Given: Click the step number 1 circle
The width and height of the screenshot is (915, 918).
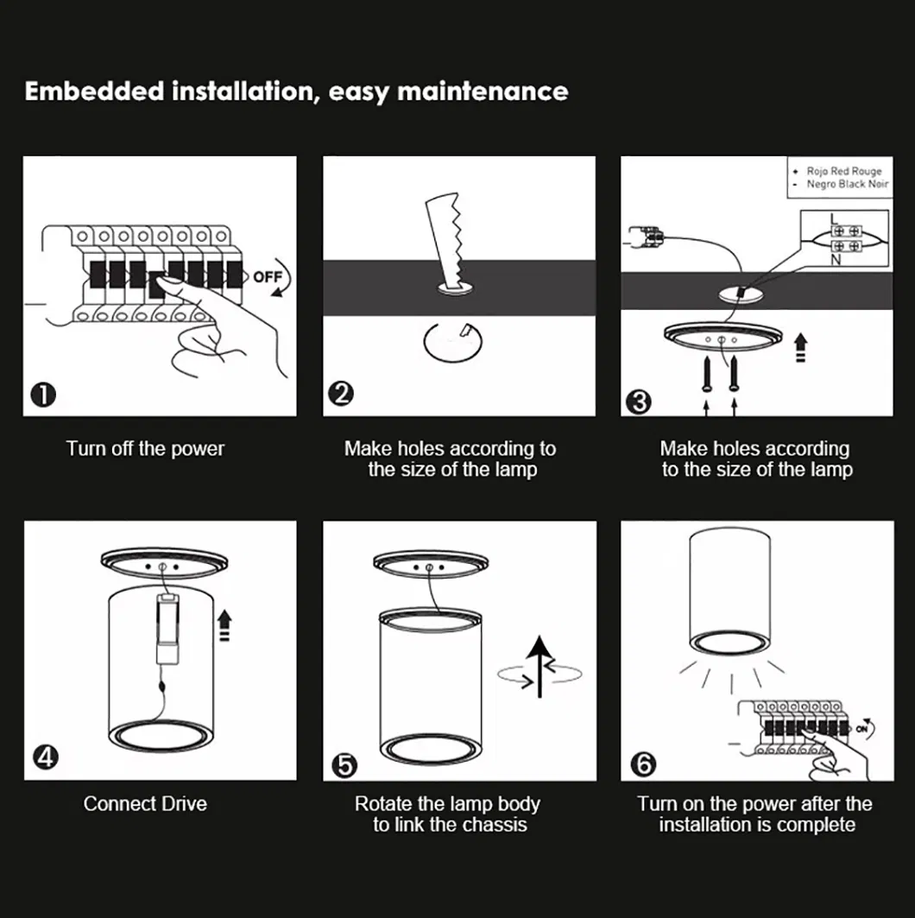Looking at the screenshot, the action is pyautogui.click(x=43, y=396).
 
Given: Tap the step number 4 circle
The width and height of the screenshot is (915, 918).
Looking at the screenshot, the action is pyautogui.click(x=46, y=757).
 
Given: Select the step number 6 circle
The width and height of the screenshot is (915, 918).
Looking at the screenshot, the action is pyautogui.click(x=644, y=764).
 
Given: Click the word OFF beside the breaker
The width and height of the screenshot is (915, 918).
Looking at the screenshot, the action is pyautogui.click(x=268, y=276).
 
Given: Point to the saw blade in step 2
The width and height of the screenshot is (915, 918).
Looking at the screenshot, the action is pyautogui.click(x=447, y=242).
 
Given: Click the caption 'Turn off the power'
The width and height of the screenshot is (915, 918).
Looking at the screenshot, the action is pyautogui.click(x=145, y=448).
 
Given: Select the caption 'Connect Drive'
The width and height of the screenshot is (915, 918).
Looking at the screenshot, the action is pyautogui.click(x=145, y=804).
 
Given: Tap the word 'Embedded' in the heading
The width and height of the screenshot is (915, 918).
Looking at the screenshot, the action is pyautogui.click(x=94, y=92).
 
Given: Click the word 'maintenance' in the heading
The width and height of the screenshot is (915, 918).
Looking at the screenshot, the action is pyautogui.click(x=483, y=92).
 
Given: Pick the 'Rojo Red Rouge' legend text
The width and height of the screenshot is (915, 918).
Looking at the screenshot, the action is pyautogui.click(x=844, y=171).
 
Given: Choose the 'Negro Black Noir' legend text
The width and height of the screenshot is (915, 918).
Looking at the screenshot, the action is pyautogui.click(x=848, y=184).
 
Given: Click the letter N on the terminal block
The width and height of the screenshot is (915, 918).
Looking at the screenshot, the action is pyautogui.click(x=836, y=260).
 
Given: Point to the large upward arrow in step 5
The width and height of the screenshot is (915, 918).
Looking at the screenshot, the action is pyautogui.click(x=540, y=667).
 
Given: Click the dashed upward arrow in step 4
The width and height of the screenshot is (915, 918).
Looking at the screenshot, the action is pyautogui.click(x=224, y=626).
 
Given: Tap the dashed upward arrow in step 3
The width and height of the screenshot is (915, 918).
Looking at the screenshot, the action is pyautogui.click(x=801, y=348).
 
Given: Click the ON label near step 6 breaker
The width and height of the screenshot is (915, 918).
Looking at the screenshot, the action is pyautogui.click(x=861, y=729).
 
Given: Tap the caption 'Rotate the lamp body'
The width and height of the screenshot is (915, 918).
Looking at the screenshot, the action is pyautogui.click(x=447, y=804).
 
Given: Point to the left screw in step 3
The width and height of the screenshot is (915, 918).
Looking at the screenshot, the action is pyautogui.click(x=707, y=375).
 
